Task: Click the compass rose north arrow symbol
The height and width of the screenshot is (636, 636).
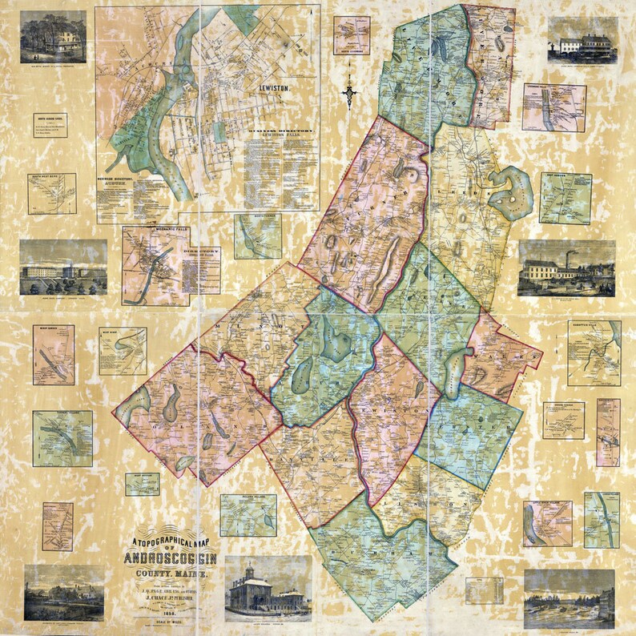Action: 349,92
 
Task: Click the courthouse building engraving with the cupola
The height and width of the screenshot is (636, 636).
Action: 268,588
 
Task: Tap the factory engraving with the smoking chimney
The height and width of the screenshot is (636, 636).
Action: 566,268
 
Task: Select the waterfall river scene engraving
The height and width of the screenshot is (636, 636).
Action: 569,598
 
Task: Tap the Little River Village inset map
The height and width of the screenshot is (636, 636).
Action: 548,523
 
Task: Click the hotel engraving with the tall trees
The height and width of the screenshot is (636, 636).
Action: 54,37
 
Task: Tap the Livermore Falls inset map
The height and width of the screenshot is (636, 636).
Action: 554,107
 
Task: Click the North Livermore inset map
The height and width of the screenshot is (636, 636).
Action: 352,36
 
